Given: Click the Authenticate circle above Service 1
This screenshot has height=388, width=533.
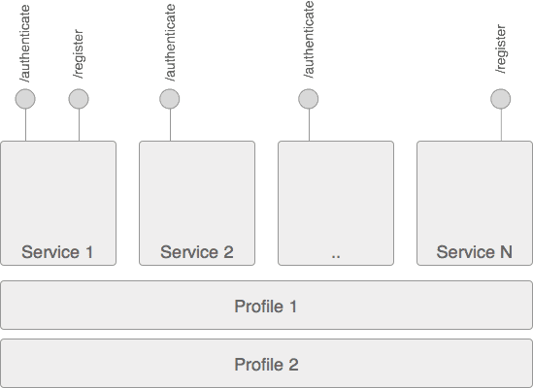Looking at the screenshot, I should tap(25, 98).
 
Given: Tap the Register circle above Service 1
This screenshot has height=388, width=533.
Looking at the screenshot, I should tap(79, 98).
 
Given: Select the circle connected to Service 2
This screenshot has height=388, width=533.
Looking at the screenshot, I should tap(169, 98).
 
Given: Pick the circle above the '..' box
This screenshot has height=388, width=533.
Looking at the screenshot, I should tap(308, 98).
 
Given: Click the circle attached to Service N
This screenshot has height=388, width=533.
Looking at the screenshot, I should tap(501, 98).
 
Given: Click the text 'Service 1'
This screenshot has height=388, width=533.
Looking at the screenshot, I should tap(58, 252).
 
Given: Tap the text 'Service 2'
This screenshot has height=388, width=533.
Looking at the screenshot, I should tap(197, 252).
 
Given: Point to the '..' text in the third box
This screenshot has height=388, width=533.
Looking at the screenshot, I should tap(336, 254).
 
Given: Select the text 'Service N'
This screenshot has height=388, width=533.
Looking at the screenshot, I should tap(475, 252).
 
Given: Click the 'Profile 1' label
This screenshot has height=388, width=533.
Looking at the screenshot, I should tap(266, 307).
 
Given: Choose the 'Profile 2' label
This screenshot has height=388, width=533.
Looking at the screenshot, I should tap(266, 365).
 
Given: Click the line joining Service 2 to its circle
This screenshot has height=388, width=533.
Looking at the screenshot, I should tap(169, 125).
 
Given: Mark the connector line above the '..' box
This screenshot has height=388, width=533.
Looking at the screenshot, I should tap(308, 125).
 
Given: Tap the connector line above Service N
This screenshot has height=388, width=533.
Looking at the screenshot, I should tap(501, 125).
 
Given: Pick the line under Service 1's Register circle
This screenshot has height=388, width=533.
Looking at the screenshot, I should tap(79, 125).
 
